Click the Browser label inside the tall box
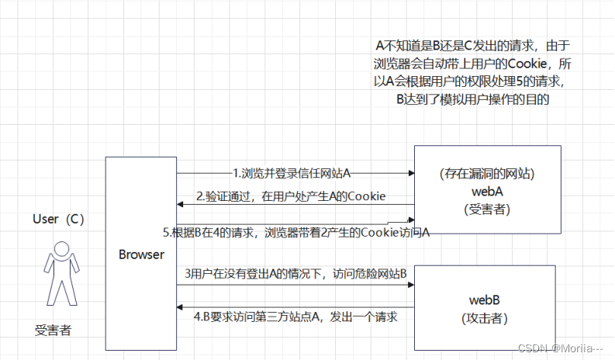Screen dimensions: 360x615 click(141, 254)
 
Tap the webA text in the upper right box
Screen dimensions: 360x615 click(487, 190)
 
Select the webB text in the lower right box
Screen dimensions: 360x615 click(487, 299)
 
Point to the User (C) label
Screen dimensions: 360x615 click(58, 219)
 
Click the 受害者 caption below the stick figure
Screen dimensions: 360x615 click(53, 329)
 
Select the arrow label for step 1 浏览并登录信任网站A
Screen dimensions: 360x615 click(296, 172)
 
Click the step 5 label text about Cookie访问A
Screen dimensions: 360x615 click(296, 231)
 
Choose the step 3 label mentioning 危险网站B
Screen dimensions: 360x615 click(296, 274)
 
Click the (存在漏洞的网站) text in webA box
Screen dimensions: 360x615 click(487, 173)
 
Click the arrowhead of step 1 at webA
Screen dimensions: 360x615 click(410, 172)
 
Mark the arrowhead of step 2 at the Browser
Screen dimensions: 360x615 click(181, 204)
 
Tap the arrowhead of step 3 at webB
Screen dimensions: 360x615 click(410, 285)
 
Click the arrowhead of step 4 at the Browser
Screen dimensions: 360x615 click(181, 307)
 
